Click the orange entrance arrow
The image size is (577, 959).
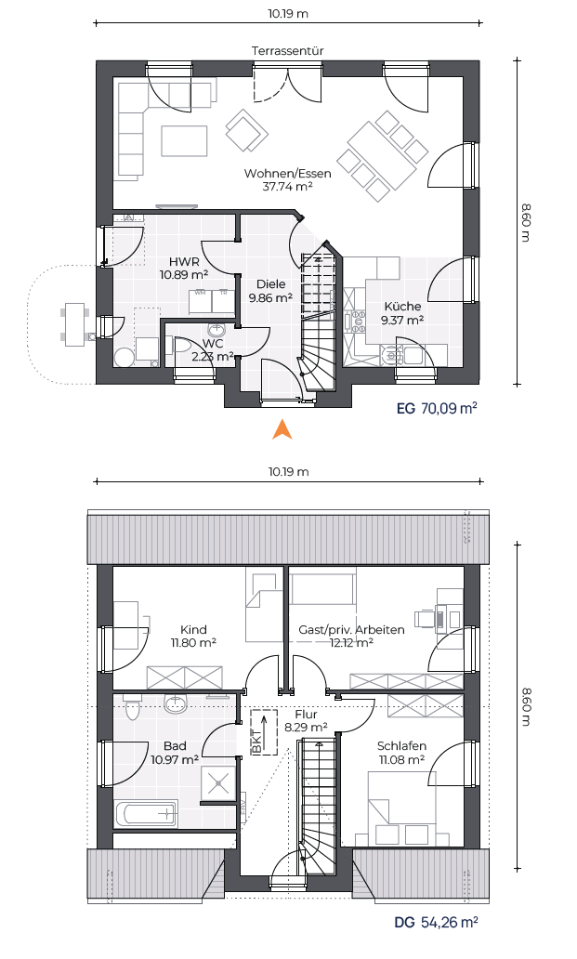282,429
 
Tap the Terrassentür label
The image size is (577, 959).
287,51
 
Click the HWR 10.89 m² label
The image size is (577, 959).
184,269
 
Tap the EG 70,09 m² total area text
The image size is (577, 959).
437,408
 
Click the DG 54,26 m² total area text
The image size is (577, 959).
437,922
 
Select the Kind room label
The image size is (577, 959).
193,629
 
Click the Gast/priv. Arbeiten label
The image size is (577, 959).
351,629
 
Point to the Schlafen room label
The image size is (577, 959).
401,746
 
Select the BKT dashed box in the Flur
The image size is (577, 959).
264,731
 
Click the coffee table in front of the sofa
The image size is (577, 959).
184,140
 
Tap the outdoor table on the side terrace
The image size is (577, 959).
74,324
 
